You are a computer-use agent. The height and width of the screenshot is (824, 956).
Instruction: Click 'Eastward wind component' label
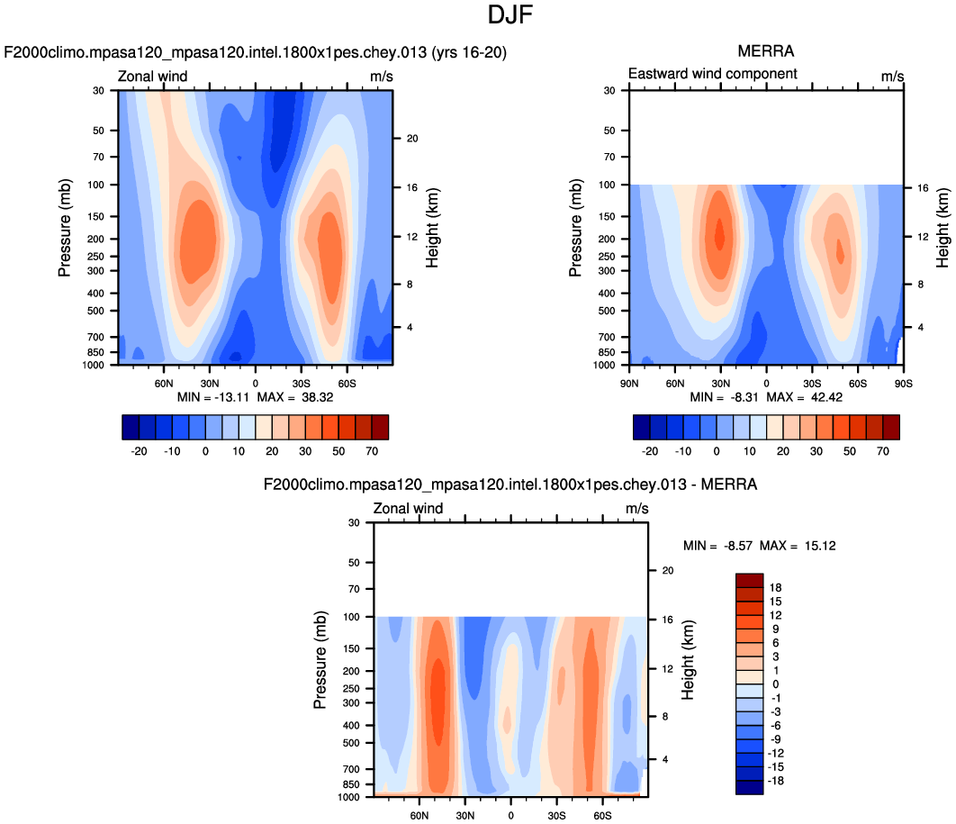pyautogui.click(x=712, y=74)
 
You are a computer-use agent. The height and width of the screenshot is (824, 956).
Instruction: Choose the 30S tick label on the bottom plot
pyautogui.click(x=556, y=814)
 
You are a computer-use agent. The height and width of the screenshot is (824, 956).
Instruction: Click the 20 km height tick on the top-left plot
pyautogui.click(x=415, y=139)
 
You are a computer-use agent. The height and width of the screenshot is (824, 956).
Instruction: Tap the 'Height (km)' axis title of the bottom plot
pyautogui.click(x=689, y=659)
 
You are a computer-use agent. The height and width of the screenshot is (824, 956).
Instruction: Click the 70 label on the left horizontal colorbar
pyautogui.click(x=372, y=450)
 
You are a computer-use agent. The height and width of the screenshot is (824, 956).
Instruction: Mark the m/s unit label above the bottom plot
pyautogui.click(x=636, y=509)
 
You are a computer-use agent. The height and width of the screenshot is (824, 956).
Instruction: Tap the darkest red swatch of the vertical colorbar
pyautogui.click(x=749, y=580)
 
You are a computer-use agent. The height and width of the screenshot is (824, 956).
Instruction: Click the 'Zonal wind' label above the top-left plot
pyautogui.click(x=153, y=77)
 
